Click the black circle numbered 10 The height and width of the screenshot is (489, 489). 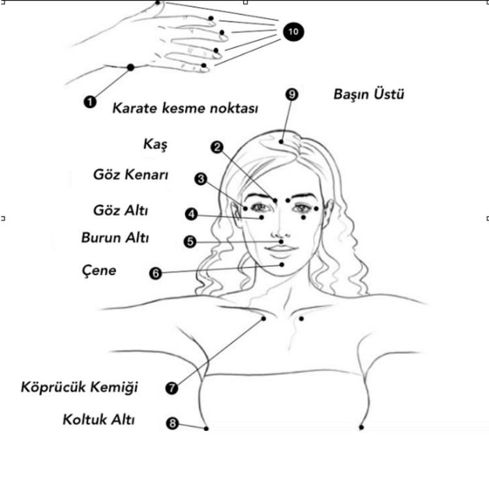click(x=293, y=31)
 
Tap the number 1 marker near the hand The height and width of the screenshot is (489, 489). click(x=90, y=102)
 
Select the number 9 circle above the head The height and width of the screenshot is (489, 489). click(x=292, y=94)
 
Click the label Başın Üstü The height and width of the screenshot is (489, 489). click(x=368, y=94)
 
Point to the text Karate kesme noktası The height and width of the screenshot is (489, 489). click(x=185, y=108)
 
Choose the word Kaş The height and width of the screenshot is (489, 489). click(x=155, y=145)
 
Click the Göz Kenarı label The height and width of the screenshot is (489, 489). click(x=130, y=175)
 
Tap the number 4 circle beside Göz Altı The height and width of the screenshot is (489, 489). click(x=191, y=215)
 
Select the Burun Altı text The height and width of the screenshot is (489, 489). click(x=115, y=237)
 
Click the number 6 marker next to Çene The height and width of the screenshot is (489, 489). click(x=155, y=273)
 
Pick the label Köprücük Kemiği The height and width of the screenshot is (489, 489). click(x=79, y=387)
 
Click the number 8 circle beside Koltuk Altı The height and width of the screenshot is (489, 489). click(x=173, y=423)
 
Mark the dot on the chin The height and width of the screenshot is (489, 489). click(x=282, y=265)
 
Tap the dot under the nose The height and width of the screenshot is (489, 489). click(x=281, y=241)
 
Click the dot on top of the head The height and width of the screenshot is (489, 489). click(x=281, y=141)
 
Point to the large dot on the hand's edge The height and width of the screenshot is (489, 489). click(x=130, y=67)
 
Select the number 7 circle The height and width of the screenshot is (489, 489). click(x=171, y=389)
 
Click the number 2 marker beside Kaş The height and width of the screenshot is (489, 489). click(x=217, y=147)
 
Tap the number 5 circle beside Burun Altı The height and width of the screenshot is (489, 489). click(x=190, y=242)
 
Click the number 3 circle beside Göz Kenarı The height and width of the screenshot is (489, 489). click(x=201, y=179)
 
